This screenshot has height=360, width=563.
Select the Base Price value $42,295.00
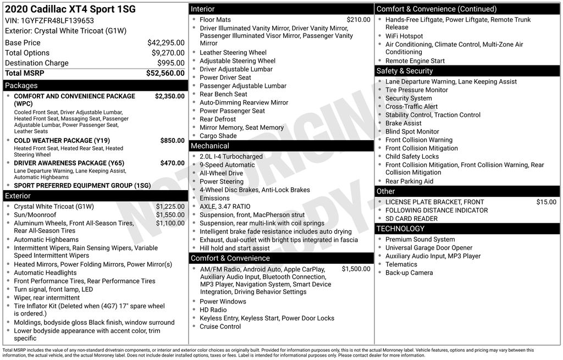tap(165, 42)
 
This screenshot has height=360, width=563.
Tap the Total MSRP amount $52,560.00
tap(165, 73)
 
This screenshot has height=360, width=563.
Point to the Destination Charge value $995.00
tap(171, 63)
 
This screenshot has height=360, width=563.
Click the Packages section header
tap(21, 86)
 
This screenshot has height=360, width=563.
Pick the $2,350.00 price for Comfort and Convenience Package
tap(169, 96)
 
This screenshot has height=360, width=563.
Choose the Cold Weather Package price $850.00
tap(172, 141)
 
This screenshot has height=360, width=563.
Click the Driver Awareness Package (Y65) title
tap(69, 163)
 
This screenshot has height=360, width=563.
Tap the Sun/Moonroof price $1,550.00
tap(170, 215)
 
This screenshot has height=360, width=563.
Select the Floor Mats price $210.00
tap(358, 20)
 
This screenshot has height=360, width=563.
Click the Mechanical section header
tap(209, 146)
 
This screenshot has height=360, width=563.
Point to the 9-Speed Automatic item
tap(227, 165)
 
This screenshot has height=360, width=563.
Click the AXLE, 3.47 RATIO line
tap(225, 207)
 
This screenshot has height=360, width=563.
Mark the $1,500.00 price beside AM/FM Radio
tap(356, 269)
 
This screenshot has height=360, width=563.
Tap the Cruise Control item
tap(220, 326)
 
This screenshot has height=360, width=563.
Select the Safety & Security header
tap(404, 71)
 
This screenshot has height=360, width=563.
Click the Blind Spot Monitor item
tap(412, 132)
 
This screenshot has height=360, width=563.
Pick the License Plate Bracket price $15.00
tap(546, 202)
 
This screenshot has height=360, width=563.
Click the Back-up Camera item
tap(409, 273)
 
